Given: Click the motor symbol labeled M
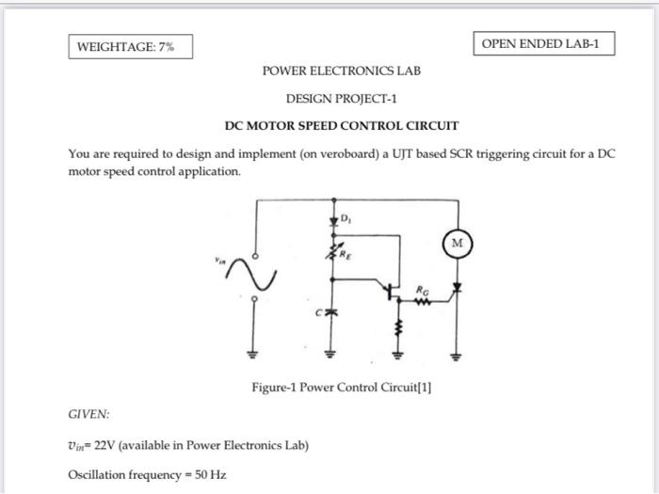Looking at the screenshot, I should coord(458,244).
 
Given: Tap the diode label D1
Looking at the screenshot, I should coord(346,221).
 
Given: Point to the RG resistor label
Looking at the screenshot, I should coord(424,289).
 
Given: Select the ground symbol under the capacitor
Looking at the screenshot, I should coord(331,355).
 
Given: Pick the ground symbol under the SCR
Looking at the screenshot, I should coord(458,355).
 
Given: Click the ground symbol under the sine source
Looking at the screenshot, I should coord(252,355).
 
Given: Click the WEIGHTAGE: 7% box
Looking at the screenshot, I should coord(130,47).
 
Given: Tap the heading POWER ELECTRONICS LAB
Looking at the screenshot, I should coord(342,72).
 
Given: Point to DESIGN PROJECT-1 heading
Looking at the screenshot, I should coord(342,98).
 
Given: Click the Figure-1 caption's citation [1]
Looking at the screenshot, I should coord(423,387).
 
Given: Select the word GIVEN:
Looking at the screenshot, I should coord(89,413).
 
